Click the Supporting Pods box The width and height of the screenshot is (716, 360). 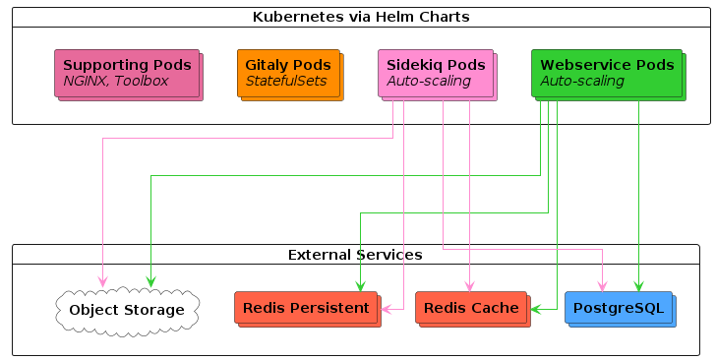129,75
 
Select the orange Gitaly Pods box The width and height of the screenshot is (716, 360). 290,75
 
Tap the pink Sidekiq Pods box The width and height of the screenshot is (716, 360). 438,75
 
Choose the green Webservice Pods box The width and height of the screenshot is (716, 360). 609,75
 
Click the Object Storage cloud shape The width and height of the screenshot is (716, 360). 127,312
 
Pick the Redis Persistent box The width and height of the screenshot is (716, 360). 308,309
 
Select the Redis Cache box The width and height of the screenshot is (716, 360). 473,309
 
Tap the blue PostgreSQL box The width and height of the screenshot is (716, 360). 621,309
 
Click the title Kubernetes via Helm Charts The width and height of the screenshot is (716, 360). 361,17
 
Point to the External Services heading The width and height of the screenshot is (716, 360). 355,255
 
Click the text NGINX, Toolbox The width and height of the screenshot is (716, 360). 116,81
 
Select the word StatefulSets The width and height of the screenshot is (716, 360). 286,81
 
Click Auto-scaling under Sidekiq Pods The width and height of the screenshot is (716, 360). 429,81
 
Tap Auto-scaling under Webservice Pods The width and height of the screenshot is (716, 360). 582,81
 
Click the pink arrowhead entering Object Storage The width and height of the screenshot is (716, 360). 102,282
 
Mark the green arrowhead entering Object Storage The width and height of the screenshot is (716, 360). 150,282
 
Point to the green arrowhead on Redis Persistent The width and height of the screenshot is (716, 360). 360,286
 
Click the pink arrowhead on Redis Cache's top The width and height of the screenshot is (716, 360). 469,286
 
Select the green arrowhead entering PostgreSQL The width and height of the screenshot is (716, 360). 638,286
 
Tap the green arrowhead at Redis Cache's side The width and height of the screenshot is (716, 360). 537,309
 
